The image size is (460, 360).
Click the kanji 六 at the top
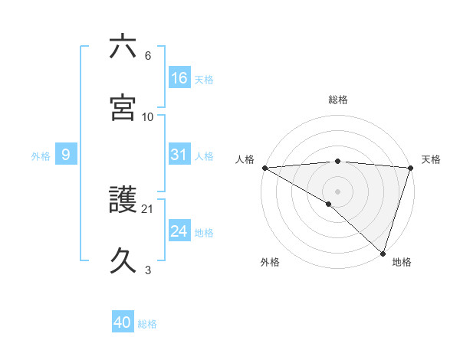click(x=123, y=47)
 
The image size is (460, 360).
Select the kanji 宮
click(x=123, y=107)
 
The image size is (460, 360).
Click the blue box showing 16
click(x=179, y=78)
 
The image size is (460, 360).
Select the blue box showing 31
click(x=179, y=155)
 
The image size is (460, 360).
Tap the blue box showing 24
click(x=179, y=231)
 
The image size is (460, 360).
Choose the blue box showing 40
click(x=123, y=323)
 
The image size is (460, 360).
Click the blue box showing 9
click(x=66, y=155)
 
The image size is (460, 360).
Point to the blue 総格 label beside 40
click(x=147, y=324)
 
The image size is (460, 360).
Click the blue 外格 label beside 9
click(x=41, y=155)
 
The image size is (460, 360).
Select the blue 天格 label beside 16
click(x=204, y=79)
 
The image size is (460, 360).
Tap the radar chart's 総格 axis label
click(x=337, y=100)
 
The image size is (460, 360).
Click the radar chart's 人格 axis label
click(x=245, y=159)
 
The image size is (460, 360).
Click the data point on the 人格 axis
click(x=264, y=168)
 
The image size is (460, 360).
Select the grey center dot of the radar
click(x=337, y=191)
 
